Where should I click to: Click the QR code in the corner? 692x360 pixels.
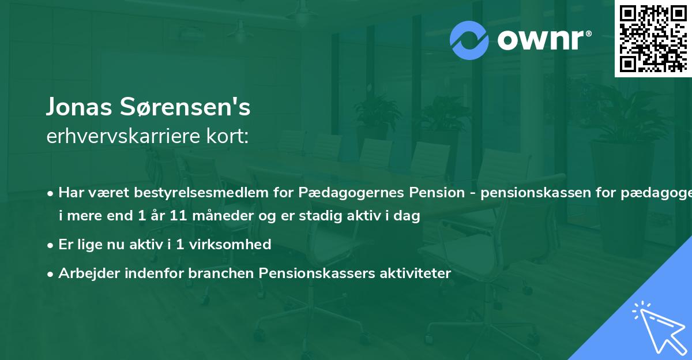click(653, 39)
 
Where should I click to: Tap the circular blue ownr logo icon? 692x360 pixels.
click(469, 40)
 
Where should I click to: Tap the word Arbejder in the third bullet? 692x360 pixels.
click(84, 273)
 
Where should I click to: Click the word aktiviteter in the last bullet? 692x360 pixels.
click(416, 273)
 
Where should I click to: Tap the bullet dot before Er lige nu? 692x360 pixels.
click(51, 245)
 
